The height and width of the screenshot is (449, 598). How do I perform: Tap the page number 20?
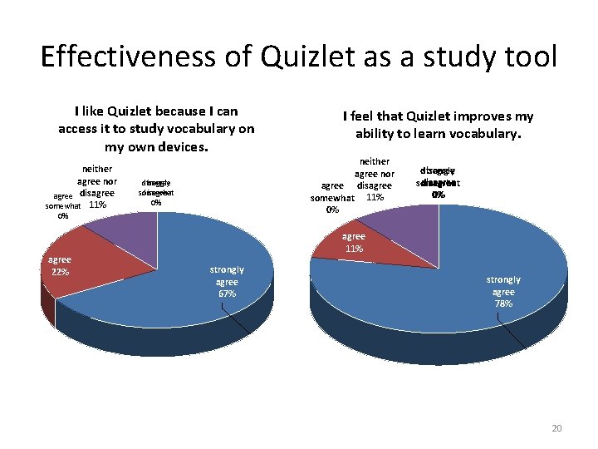coord(556,428)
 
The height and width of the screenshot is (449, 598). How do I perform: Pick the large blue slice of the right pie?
coord(465,266)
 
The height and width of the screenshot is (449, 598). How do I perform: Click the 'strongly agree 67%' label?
coord(227,282)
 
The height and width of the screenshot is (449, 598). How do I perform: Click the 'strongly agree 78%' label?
coord(503,292)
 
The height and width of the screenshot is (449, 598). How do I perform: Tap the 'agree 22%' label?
coord(59,266)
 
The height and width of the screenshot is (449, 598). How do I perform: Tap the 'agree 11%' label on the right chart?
coord(354,242)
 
